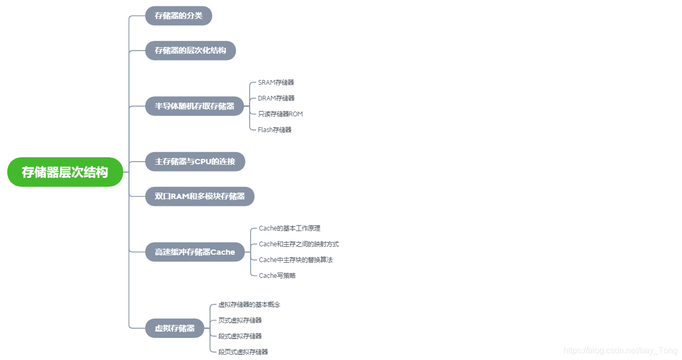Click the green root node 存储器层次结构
pos(65,172)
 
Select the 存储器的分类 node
pos(179,16)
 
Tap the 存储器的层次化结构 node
pos(190,51)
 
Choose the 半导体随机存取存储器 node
pos(194,106)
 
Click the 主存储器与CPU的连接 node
pos(195,162)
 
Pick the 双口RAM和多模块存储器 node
pos(200,196)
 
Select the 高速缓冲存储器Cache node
pos(195,252)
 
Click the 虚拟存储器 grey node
pos(174,328)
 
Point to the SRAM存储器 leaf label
pos(276,83)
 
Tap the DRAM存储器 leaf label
pos(276,98)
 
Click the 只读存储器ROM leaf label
pos(280,114)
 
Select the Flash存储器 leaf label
pos(274,130)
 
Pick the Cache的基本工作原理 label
pos(290,228)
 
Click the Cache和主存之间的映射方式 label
pos(299,244)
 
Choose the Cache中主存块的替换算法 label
pos(295,260)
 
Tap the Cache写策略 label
pos(277,276)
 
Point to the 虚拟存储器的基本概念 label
pos(249,305)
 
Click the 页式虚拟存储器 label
pos(240,321)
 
